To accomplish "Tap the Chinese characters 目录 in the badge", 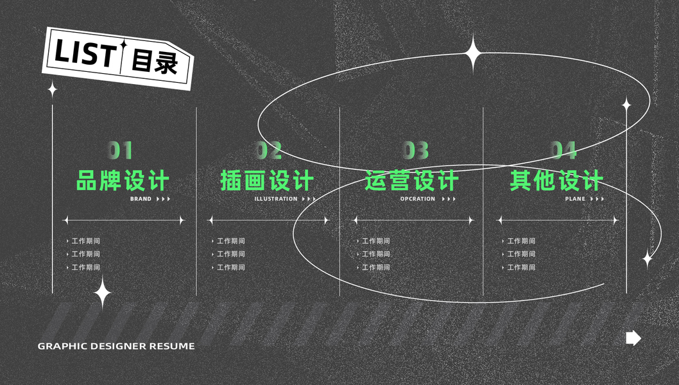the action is click(154, 62).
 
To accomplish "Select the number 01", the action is click(120, 150).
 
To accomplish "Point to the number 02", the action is click(269, 150).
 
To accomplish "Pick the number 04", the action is click(563, 150).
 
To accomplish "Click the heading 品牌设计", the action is click(123, 180).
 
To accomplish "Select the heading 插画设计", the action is click(267, 180).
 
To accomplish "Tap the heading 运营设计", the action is click(411, 180).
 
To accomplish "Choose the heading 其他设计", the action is click(556, 180).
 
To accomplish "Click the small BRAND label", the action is click(141, 199).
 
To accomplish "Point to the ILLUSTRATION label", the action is click(276, 199).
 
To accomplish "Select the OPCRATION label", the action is click(418, 199).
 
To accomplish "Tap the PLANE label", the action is click(575, 199).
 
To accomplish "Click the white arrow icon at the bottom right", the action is click(633, 338).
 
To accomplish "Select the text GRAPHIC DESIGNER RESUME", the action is click(116, 346).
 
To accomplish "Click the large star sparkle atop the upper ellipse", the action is click(474, 53).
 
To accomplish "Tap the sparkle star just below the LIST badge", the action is click(53, 89).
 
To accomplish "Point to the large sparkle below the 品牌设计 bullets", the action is click(102, 293).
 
